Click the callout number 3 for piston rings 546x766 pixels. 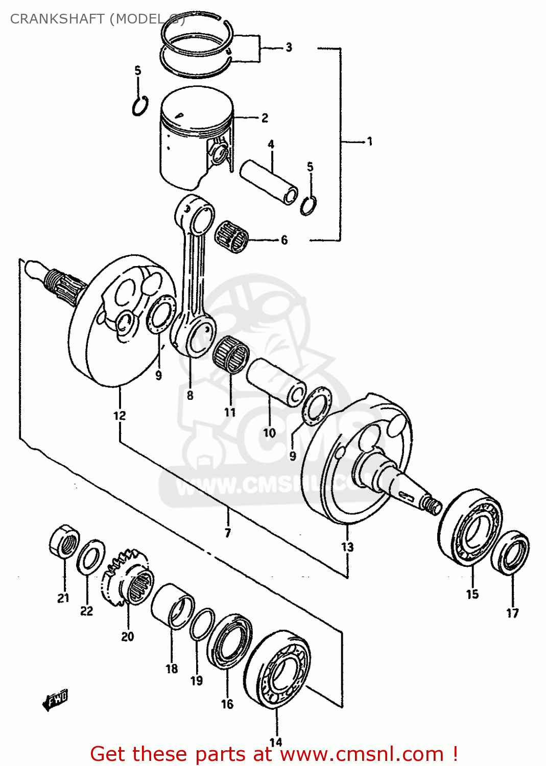pyautogui.click(x=289, y=47)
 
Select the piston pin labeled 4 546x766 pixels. pyautogui.click(x=269, y=182)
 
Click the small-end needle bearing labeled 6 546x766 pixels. pyautogui.click(x=232, y=236)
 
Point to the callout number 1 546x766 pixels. pyautogui.click(x=369, y=141)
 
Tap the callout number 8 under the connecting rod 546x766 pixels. pyautogui.click(x=190, y=395)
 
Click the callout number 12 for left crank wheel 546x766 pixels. pyautogui.click(x=120, y=416)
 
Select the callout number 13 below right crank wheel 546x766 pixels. pyautogui.click(x=347, y=547)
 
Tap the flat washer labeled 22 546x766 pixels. pyautogui.click(x=91, y=557)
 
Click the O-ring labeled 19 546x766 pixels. pyautogui.click(x=202, y=624)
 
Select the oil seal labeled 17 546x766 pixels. pyautogui.click(x=511, y=553)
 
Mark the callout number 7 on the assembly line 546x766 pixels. pyautogui.click(x=228, y=533)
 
